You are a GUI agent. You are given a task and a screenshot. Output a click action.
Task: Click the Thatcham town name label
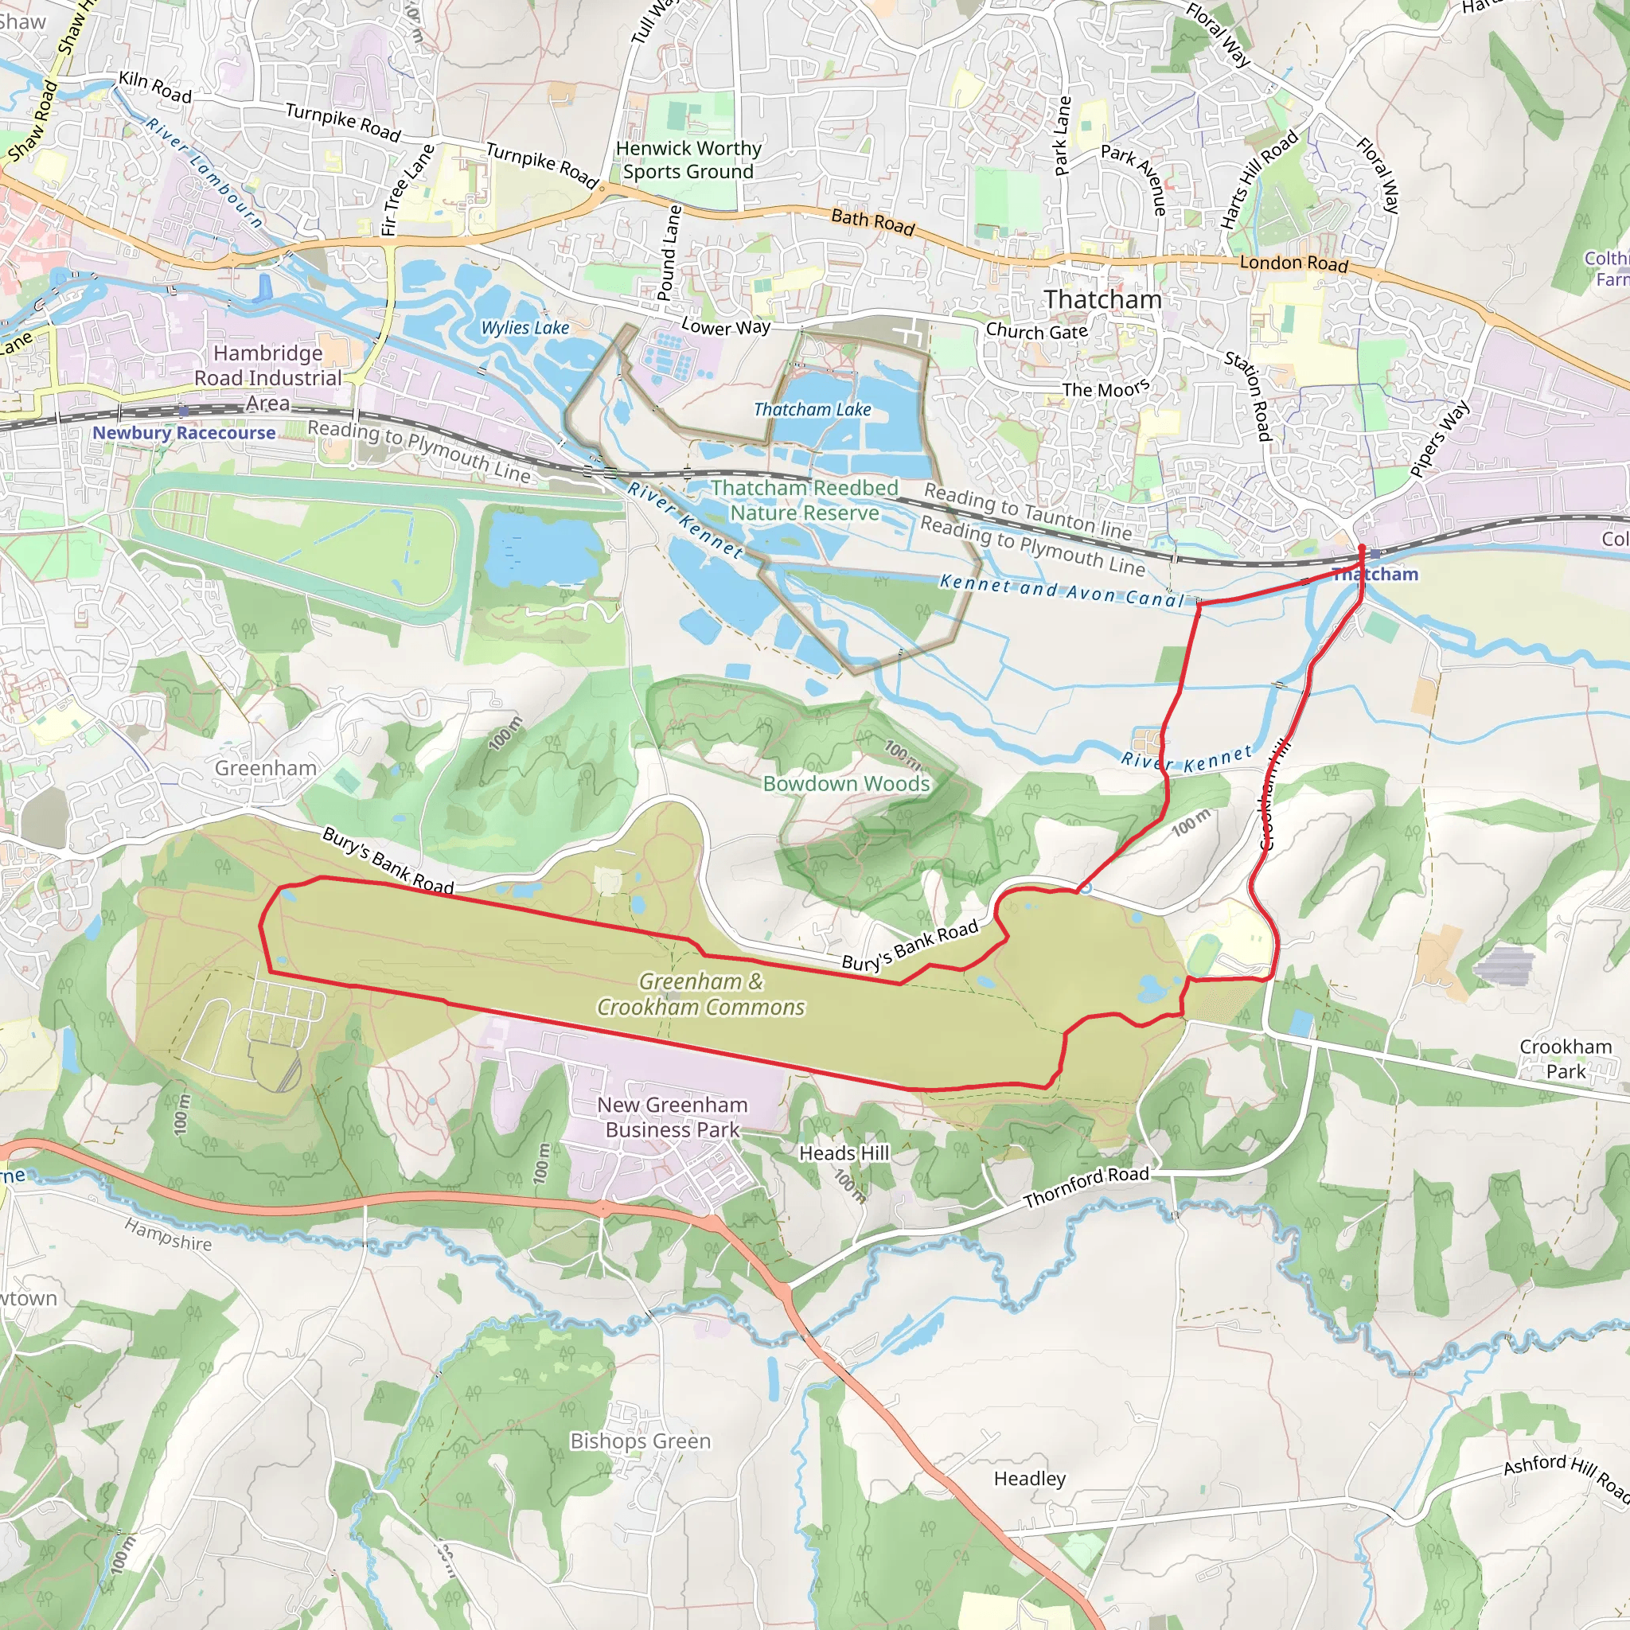pyautogui.click(x=1102, y=299)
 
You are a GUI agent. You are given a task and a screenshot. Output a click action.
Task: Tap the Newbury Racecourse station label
pyautogui.click(x=184, y=433)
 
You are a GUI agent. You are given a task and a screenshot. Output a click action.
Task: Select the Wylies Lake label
pyautogui.click(x=524, y=327)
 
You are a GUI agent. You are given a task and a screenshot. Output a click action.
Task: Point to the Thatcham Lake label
pyautogui.click(x=812, y=409)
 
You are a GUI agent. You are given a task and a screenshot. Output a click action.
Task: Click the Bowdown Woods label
pyautogui.click(x=846, y=783)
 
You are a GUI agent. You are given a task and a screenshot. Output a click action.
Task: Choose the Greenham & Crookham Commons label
pyautogui.click(x=701, y=994)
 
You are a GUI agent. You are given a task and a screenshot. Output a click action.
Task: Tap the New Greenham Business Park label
pyautogui.click(x=673, y=1116)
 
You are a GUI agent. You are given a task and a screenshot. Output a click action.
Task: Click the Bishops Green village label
pyautogui.click(x=641, y=1441)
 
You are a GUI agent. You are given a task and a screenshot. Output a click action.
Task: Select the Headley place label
pyautogui.click(x=1029, y=1478)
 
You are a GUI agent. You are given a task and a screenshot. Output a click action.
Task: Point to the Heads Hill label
pyautogui.click(x=844, y=1152)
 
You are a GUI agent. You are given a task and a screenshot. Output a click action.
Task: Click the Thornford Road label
pyautogui.click(x=1086, y=1186)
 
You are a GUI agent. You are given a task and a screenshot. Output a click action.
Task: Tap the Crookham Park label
pyautogui.click(x=1566, y=1059)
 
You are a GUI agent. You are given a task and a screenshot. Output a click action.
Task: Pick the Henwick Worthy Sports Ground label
pyautogui.click(x=688, y=159)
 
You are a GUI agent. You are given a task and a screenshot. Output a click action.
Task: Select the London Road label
pyautogui.click(x=1293, y=263)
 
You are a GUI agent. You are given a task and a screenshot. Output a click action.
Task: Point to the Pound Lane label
pyautogui.click(x=669, y=252)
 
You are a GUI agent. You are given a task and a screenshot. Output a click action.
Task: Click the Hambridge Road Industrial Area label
pyautogui.click(x=267, y=378)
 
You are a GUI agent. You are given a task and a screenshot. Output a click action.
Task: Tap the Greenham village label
pyautogui.click(x=266, y=768)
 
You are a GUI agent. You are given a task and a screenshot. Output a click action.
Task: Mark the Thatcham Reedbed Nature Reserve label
pyautogui.click(x=804, y=501)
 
